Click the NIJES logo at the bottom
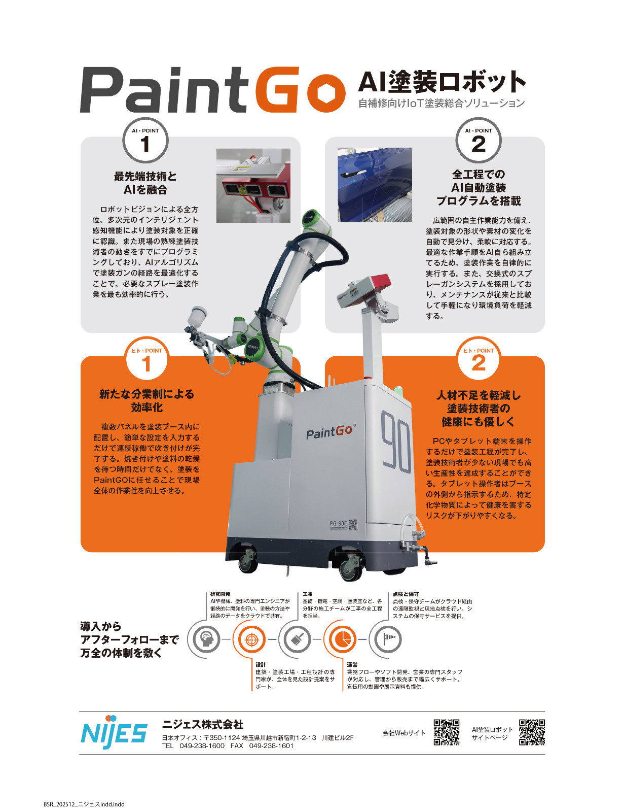coord(114,732)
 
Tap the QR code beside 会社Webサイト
coord(446,732)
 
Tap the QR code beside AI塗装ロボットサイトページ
coord(532,732)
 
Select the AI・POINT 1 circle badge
coord(145,141)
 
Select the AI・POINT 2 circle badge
coord(478,141)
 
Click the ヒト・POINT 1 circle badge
coord(146,360)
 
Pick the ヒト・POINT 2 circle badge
coord(478,360)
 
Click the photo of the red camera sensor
coord(253,185)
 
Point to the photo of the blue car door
coord(375,185)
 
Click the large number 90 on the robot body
coord(396,442)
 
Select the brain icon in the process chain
coord(206,639)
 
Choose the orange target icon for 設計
coord(251,639)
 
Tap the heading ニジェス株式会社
coord(203,724)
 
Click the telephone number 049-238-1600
coord(202,746)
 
